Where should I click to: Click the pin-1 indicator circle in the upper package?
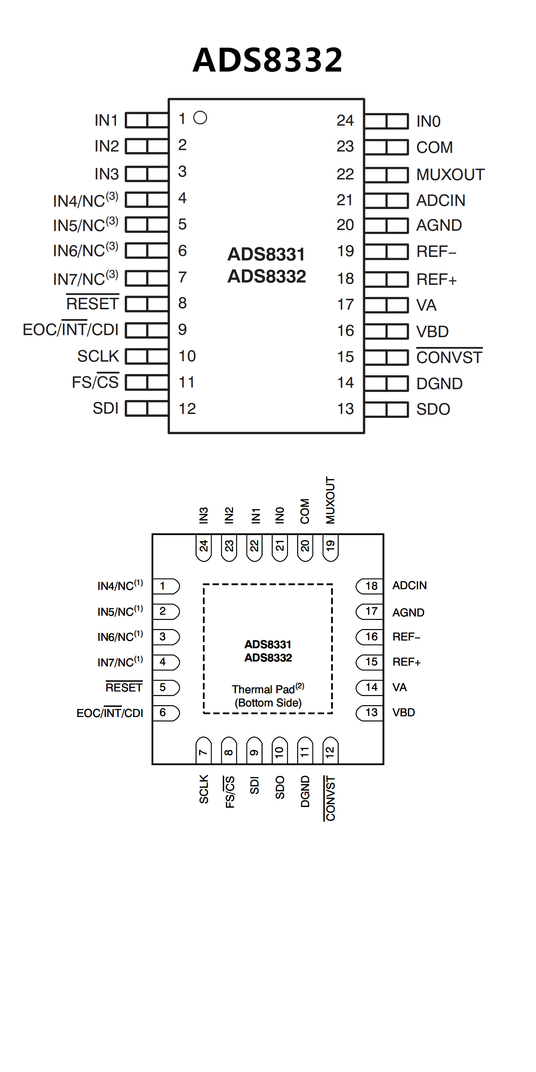(x=200, y=118)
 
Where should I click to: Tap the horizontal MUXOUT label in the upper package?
(x=450, y=175)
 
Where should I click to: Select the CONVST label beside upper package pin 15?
(x=449, y=357)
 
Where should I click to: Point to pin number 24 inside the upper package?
(x=345, y=121)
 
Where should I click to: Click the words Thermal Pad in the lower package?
(x=263, y=689)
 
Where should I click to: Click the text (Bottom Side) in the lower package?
(x=268, y=703)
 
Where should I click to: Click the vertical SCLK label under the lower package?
(x=204, y=789)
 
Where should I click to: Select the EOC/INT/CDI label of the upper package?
(x=71, y=330)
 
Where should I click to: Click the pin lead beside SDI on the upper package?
(x=147, y=409)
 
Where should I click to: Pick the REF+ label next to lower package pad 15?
(x=406, y=662)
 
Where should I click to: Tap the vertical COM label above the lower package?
(x=305, y=511)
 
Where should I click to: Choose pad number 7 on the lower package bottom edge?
(x=204, y=752)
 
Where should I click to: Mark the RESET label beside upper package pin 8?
(x=93, y=304)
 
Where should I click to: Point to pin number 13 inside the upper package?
(x=345, y=409)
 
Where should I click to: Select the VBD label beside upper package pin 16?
(x=432, y=332)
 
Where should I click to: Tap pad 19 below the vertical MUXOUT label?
(x=330, y=546)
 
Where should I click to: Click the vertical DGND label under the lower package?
(x=305, y=791)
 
